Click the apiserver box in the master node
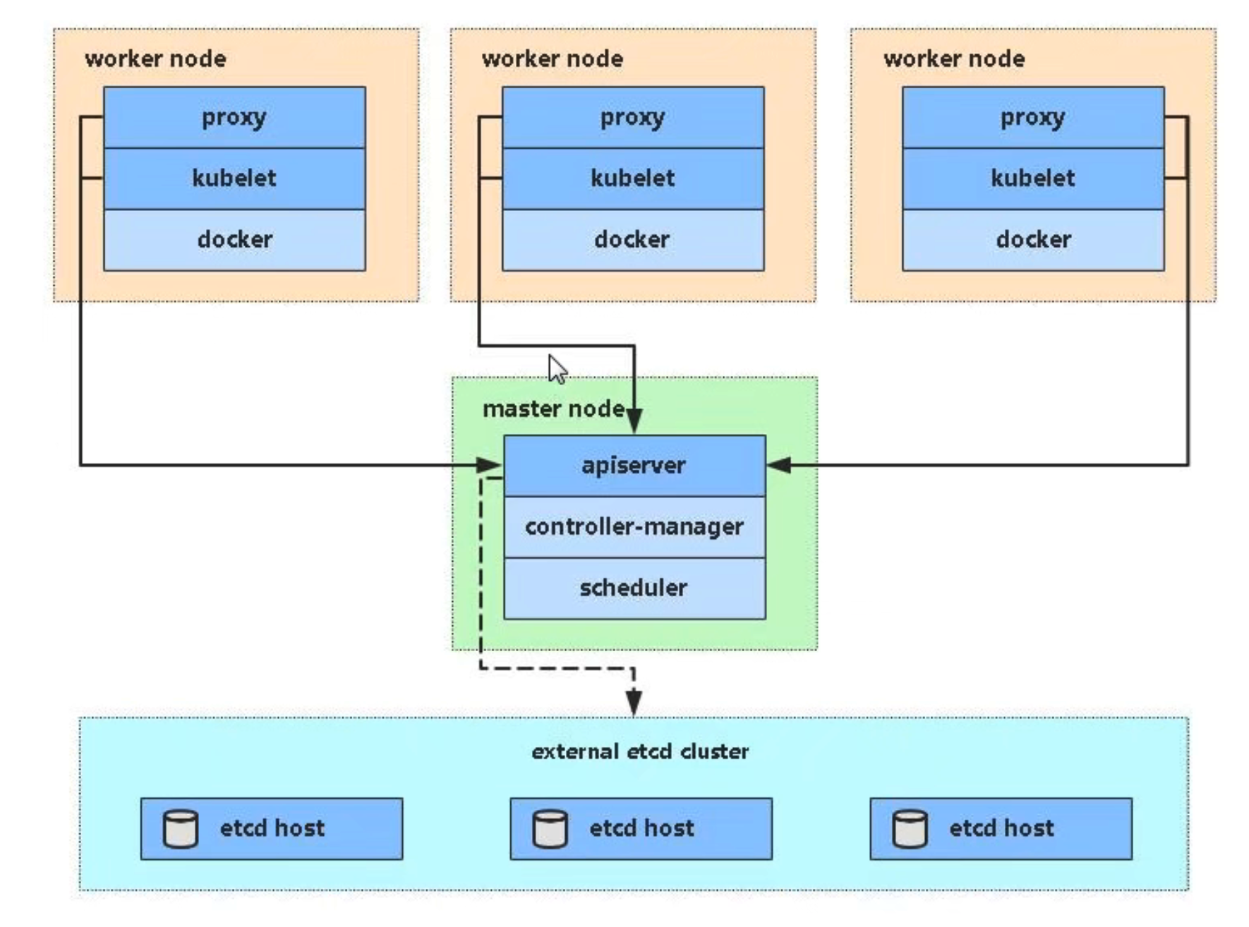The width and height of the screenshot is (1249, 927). pos(634,466)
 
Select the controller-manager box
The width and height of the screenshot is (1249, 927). pos(634,527)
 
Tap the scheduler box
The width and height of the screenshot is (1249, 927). pos(634,588)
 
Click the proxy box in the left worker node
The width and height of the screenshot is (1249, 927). pos(234,118)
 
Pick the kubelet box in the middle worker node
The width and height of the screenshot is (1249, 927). pos(633,178)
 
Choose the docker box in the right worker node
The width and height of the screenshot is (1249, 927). pos(1033,240)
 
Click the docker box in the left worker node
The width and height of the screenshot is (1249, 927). pos(234,240)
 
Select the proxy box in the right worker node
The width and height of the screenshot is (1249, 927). pos(1033,118)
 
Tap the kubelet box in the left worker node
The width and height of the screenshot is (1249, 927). pos(234,178)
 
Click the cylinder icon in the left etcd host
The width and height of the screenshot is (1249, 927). pos(181,829)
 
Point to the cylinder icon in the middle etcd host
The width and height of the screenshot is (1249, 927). pos(550,829)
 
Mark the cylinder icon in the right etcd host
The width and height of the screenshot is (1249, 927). pos(910,829)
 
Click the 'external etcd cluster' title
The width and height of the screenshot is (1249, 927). pos(640,752)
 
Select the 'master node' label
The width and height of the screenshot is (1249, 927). pos(553,409)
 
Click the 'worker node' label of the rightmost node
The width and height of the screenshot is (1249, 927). pos(954,59)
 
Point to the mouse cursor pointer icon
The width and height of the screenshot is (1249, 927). pos(557,370)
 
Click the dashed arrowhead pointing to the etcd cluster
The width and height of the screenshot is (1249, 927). pos(634,703)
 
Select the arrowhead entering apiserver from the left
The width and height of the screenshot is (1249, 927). pos(489,465)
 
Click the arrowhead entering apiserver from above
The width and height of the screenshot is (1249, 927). pos(634,421)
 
